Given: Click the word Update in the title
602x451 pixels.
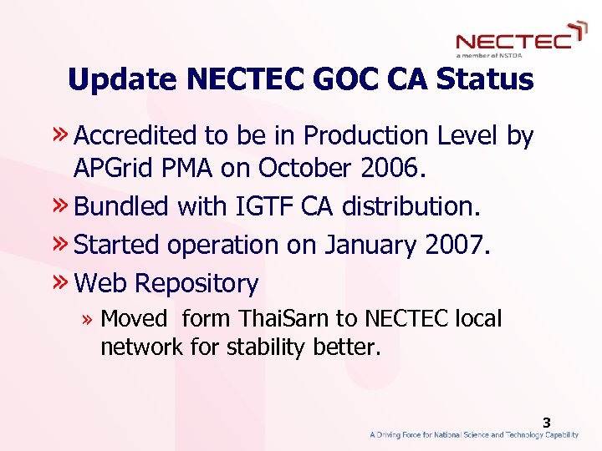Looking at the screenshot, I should coord(124,80).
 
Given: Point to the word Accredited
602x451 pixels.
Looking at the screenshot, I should coord(133,135).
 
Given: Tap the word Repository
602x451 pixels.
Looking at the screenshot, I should coord(196,284).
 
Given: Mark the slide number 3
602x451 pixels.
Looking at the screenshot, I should coord(546,423).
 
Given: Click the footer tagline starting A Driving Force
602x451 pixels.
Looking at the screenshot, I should coord(474,435).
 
